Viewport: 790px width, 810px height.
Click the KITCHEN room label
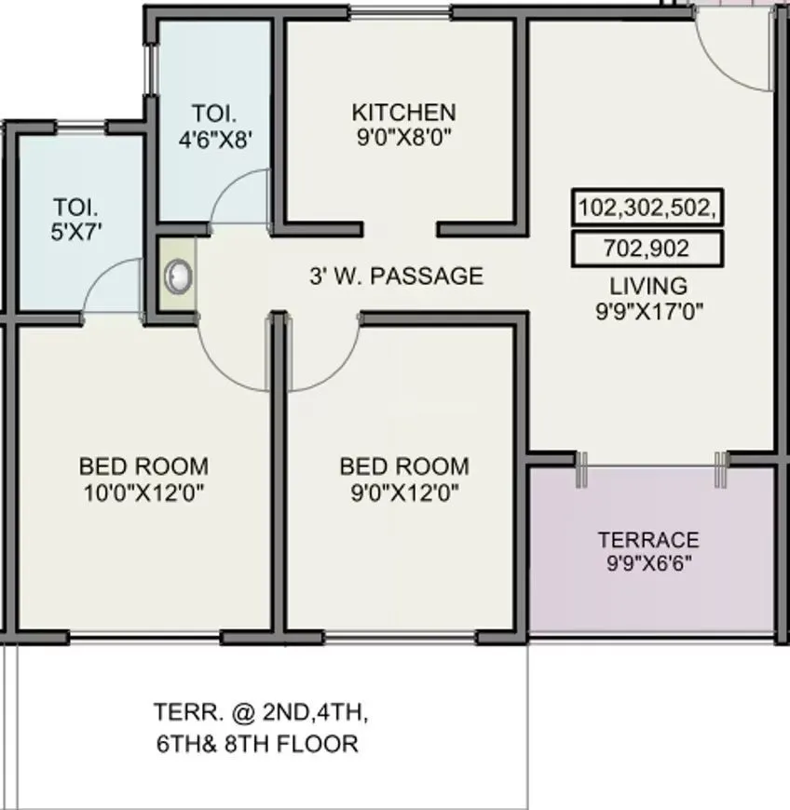(x=403, y=113)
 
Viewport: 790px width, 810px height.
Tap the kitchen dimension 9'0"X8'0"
(x=403, y=136)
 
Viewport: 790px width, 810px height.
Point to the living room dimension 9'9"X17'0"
(x=648, y=310)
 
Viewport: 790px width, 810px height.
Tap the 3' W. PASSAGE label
(x=396, y=277)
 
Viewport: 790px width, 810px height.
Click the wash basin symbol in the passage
(x=177, y=276)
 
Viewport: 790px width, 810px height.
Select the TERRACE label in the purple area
(x=648, y=540)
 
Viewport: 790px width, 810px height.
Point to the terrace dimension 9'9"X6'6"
(x=648, y=562)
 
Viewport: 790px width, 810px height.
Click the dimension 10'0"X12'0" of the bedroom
(x=143, y=491)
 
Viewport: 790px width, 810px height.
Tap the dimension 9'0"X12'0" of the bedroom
(x=403, y=491)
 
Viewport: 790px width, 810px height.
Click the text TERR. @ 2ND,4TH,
(x=260, y=714)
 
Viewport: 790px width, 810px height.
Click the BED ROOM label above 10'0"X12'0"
(x=143, y=466)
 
